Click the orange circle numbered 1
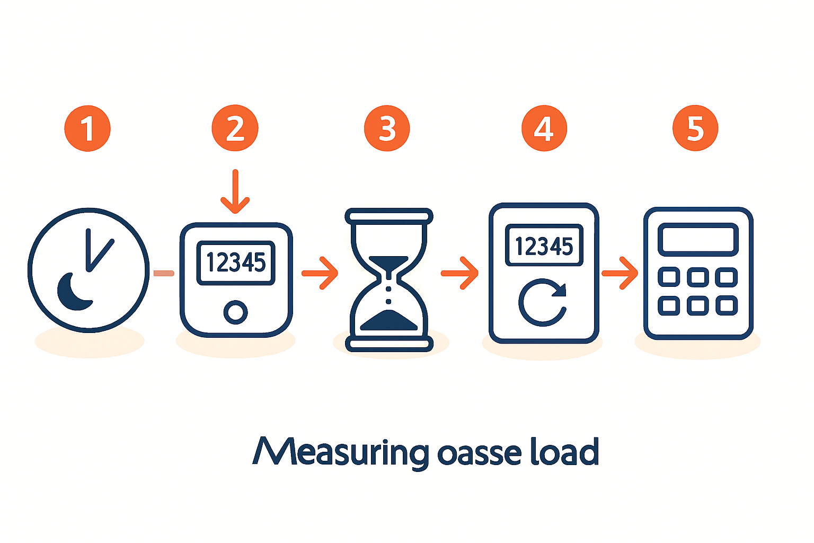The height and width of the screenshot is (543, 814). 87,129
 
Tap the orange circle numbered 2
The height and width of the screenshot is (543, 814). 235,129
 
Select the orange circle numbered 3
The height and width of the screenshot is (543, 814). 387,129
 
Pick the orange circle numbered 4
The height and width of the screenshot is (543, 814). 544,129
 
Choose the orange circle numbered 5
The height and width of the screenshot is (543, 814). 695,129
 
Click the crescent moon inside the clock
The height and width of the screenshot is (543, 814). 73,293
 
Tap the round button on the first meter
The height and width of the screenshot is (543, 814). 235,312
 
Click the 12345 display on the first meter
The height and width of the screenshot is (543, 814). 236,262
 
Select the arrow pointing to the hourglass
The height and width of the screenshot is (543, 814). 320,273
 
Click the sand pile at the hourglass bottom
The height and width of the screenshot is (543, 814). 388,321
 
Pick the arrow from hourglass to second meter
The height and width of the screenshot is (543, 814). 459,273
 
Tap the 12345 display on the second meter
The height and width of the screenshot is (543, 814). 544,246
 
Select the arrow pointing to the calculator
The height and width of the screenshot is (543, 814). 620,273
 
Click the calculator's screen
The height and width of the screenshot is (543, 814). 698,240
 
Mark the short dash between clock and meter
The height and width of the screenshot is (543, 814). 164,273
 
